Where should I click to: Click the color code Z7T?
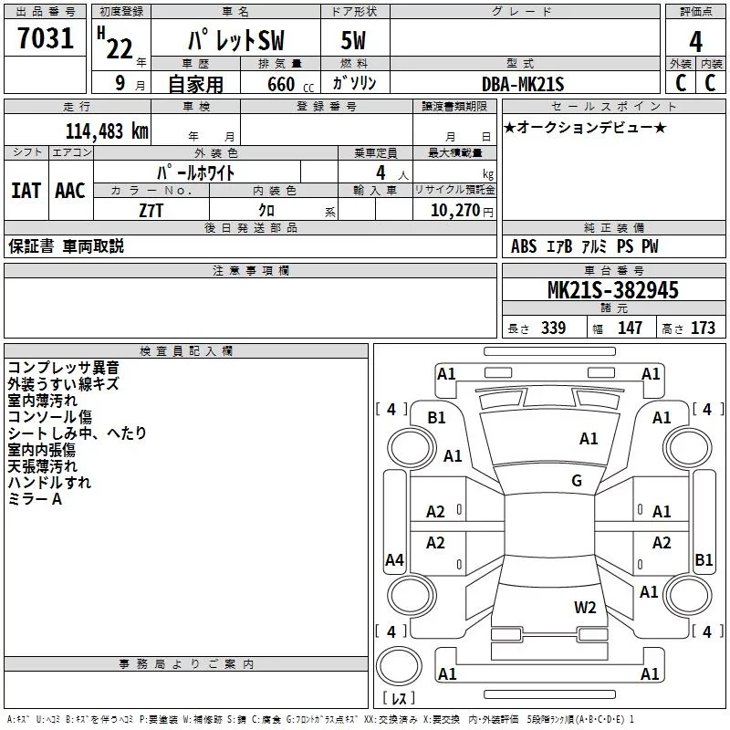pyautogui.click(x=151, y=209)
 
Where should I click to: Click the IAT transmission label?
pyautogui.click(x=26, y=190)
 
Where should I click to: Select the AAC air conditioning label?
pyautogui.click(x=69, y=190)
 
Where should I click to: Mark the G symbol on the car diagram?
pyautogui.click(x=577, y=481)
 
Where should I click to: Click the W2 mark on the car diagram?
pyautogui.click(x=585, y=608)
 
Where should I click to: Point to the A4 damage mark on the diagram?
pyautogui.click(x=394, y=560)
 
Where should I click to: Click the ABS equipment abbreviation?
pyautogui.click(x=524, y=246)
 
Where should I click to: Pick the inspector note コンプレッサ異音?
pyautogui.click(x=63, y=367)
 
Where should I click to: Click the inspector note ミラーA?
pyautogui.click(x=35, y=499)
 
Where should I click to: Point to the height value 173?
pyautogui.click(x=704, y=328)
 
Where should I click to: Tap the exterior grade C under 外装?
pyautogui.click(x=680, y=83)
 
